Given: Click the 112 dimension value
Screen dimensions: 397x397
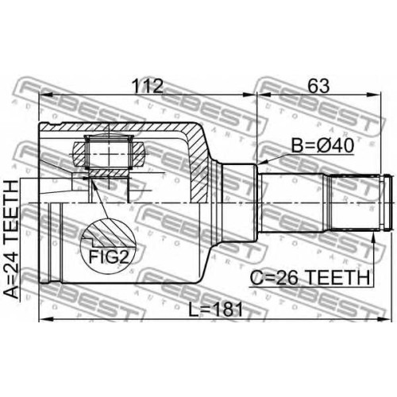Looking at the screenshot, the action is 148,86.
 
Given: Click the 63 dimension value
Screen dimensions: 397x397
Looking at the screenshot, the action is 318,86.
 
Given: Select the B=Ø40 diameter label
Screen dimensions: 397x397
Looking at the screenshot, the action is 322,146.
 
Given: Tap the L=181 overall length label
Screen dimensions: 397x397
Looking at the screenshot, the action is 215,310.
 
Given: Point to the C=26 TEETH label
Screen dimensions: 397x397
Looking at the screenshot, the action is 310,278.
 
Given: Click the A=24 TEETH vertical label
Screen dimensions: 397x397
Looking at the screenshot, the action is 13,239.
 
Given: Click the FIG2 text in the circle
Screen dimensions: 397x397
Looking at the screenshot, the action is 109,256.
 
